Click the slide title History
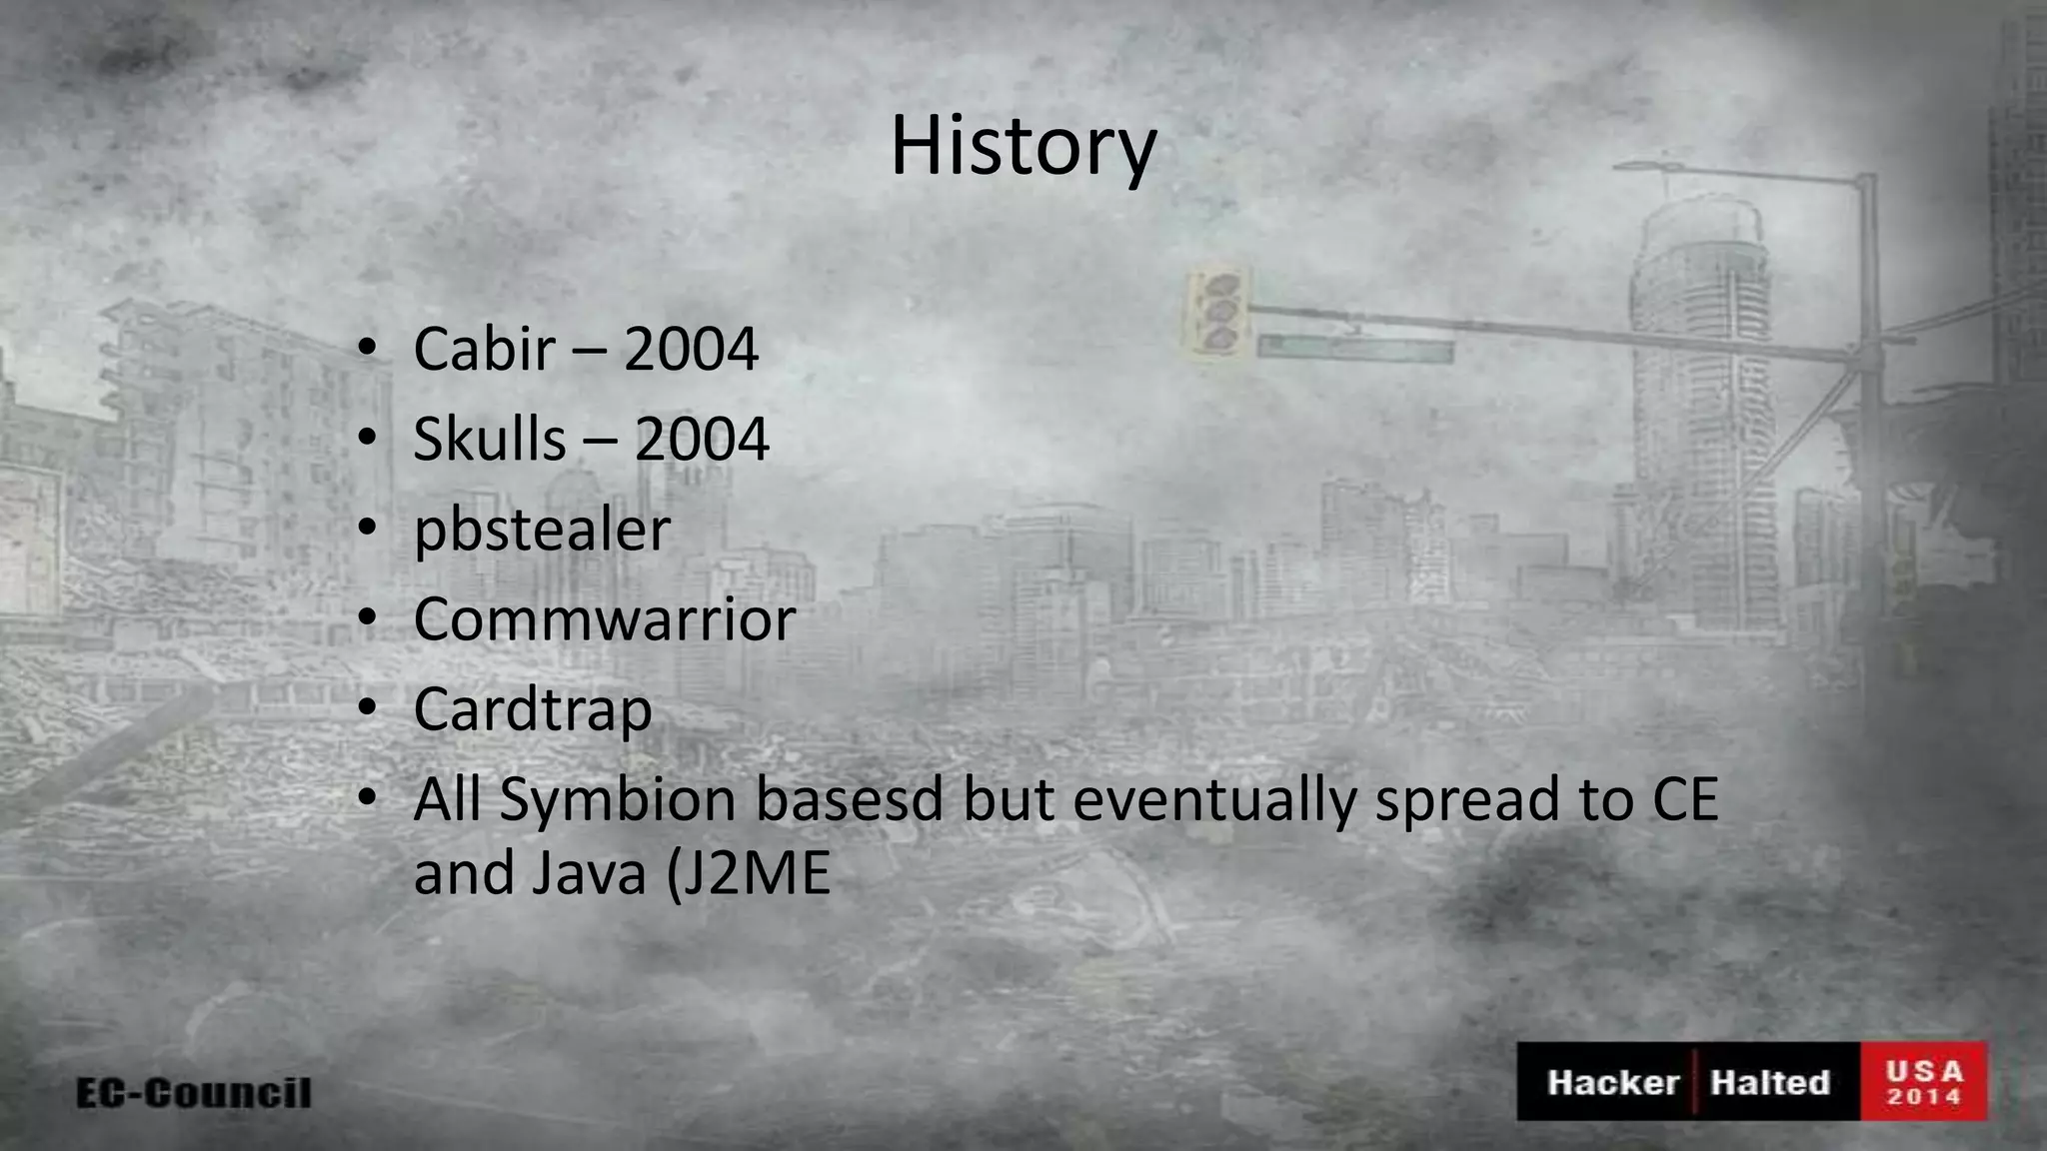(1023, 146)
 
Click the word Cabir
(484, 349)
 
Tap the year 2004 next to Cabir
(691, 349)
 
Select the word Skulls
(489, 439)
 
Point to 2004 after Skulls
(702, 439)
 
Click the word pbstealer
(542, 531)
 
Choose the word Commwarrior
(604, 619)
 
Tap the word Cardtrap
(532, 709)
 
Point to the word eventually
(1212, 799)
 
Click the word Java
(588, 873)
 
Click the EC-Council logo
(194, 1092)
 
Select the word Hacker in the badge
(1612, 1082)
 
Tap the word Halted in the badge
(1769, 1082)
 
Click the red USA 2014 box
(1923, 1082)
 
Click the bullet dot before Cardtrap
(368, 707)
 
